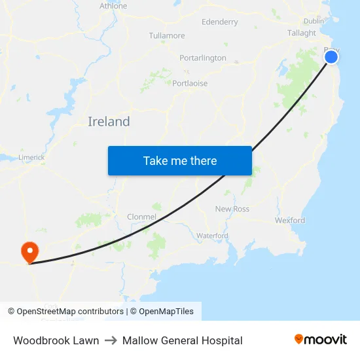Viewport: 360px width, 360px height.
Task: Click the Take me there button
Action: [x=180, y=160]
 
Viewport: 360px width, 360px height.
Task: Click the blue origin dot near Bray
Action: [x=331, y=57]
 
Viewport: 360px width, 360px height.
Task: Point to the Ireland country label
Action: [x=109, y=122]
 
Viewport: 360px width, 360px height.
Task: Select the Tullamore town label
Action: [x=167, y=35]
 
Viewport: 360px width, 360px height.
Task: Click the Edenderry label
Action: [x=220, y=22]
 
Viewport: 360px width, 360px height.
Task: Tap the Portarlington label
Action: [x=203, y=58]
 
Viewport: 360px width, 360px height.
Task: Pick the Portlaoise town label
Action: [x=190, y=83]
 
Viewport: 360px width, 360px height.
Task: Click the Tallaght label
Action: [x=301, y=33]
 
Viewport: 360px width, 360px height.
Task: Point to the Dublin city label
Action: [x=314, y=21]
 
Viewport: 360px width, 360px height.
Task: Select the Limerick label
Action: [x=31, y=157]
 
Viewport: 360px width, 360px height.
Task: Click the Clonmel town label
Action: [x=141, y=217]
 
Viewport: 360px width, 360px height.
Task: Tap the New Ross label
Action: [x=232, y=209]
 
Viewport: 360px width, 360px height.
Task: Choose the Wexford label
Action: [x=290, y=221]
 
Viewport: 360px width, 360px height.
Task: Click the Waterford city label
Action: [x=212, y=235]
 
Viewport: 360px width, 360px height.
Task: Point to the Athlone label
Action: [x=113, y=6]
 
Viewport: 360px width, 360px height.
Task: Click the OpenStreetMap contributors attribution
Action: [x=65, y=312]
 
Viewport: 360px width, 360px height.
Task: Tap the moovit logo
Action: [x=321, y=340]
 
